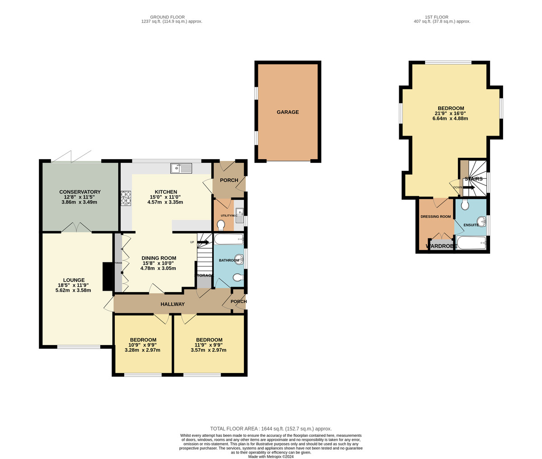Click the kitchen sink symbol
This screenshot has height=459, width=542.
pyautogui.click(x=181, y=168)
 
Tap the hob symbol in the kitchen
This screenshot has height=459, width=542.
pyautogui.click(x=126, y=199)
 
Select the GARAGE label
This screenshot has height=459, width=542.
pyautogui.click(x=288, y=112)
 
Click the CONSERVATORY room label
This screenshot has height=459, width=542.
pyautogui.click(x=80, y=192)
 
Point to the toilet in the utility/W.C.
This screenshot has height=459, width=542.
pyautogui.click(x=221, y=225)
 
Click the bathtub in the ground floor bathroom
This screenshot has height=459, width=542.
pyautogui.click(x=229, y=239)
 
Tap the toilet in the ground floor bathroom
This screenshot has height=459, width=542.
pyautogui.click(x=238, y=278)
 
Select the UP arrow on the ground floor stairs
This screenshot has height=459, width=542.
pyautogui.click(x=203, y=242)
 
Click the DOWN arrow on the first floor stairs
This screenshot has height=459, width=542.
pyautogui.click(x=468, y=187)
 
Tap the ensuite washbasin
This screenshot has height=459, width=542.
pyautogui.click(x=481, y=222)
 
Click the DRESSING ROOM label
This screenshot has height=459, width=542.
pyautogui.click(x=435, y=217)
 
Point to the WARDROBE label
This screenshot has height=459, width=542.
pyautogui.click(x=441, y=246)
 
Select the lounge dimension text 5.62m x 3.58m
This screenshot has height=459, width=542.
pyautogui.click(x=73, y=290)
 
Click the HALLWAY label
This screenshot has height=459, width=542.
pyautogui.click(x=173, y=304)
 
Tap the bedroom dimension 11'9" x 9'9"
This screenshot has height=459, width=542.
pyautogui.click(x=209, y=345)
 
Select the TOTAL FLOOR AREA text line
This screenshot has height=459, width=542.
pyautogui.click(x=271, y=429)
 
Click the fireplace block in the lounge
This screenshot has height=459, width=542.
pyautogui.click(x=107, y=277)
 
